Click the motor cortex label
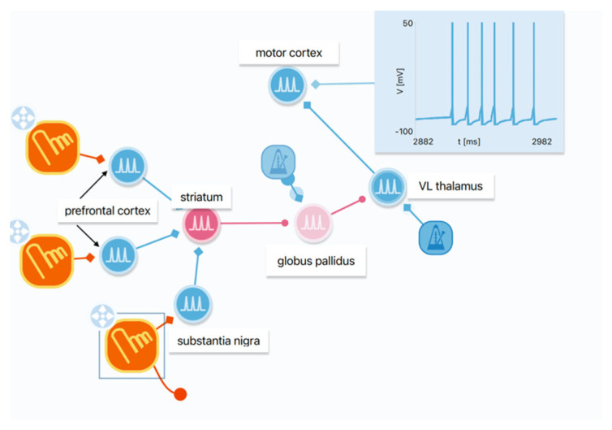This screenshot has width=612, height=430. pos(289,54)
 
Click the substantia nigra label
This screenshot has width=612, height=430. pos(218,341)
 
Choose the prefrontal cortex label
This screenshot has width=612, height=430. pos(109,211)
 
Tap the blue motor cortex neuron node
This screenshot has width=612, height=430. pos(287,84)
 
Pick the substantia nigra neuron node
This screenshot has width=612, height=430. pos(192,304)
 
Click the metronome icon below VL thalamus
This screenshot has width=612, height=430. pos(435,237)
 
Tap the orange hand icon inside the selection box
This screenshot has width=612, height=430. pos(131,345)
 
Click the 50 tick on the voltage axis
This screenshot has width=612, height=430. pos(408,23)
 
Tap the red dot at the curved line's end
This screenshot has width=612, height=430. pos(181,394)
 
